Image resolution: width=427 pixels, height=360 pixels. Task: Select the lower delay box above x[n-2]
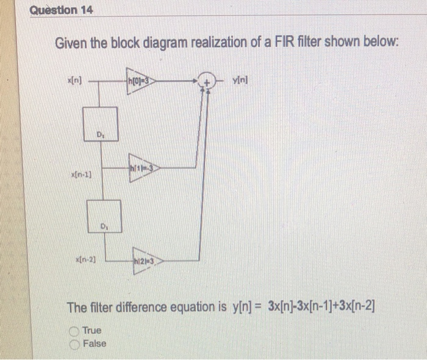[104, 217]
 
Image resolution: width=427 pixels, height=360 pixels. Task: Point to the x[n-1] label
[82, 175]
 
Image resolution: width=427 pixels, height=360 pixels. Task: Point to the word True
[92, 331]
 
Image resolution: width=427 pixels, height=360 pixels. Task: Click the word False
[95, 344]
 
